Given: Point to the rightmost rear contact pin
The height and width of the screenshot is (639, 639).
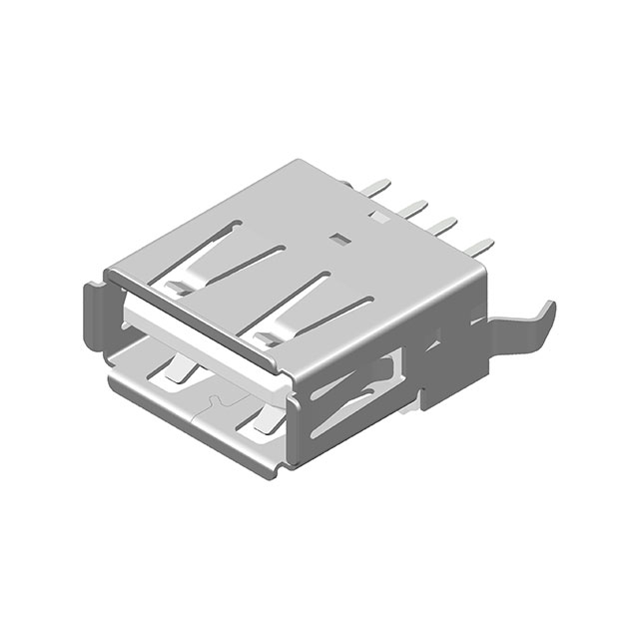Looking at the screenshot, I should [x=483, y=244].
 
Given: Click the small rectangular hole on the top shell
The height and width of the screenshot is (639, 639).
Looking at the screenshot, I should [x=340, y=239].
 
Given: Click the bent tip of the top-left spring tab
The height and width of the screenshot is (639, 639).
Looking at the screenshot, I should [x=172, y=288].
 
